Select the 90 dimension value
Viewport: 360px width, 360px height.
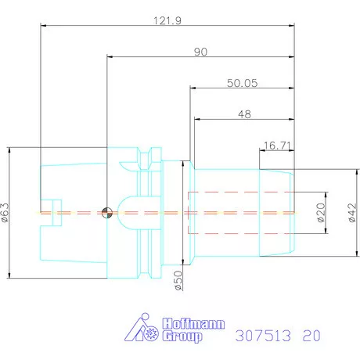pos(200,51)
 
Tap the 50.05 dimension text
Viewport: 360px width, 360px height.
pos(242,81)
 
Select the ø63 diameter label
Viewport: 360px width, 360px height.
pos(6,212)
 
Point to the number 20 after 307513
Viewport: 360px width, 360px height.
pos(311,336)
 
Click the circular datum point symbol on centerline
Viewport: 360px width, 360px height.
pos(106,212)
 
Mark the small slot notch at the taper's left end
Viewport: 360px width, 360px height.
pos(49,212)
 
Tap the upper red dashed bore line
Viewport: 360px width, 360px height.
pos(239,192)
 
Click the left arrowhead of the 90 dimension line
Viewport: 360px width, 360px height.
pos(110,57)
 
